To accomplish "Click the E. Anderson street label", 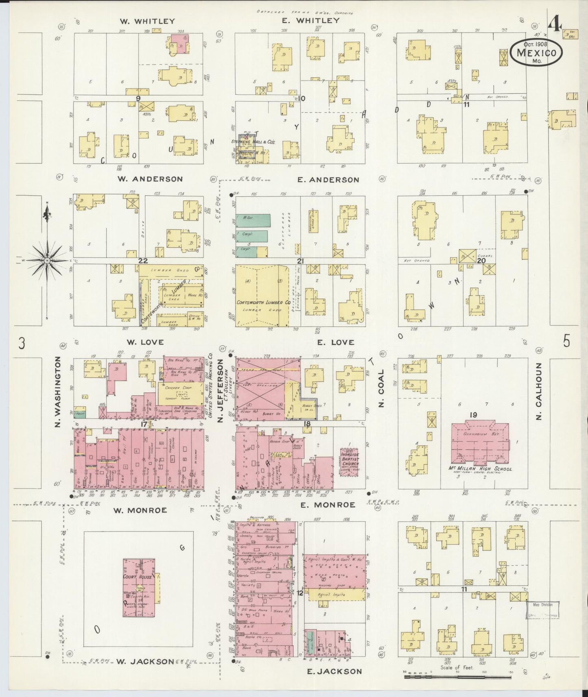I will [328, 180].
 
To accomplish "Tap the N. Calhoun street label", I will [539, 391].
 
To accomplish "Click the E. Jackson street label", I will [334, 671].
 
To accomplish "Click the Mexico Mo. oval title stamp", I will [536, 53].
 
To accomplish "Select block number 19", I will [473, 415].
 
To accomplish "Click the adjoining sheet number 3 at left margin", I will [22, 344].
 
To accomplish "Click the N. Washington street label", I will [58, 392].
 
